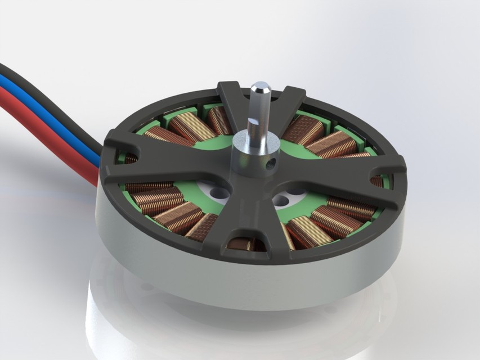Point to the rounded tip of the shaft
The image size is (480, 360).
pos(260,88)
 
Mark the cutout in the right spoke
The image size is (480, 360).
pos(375,181)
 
